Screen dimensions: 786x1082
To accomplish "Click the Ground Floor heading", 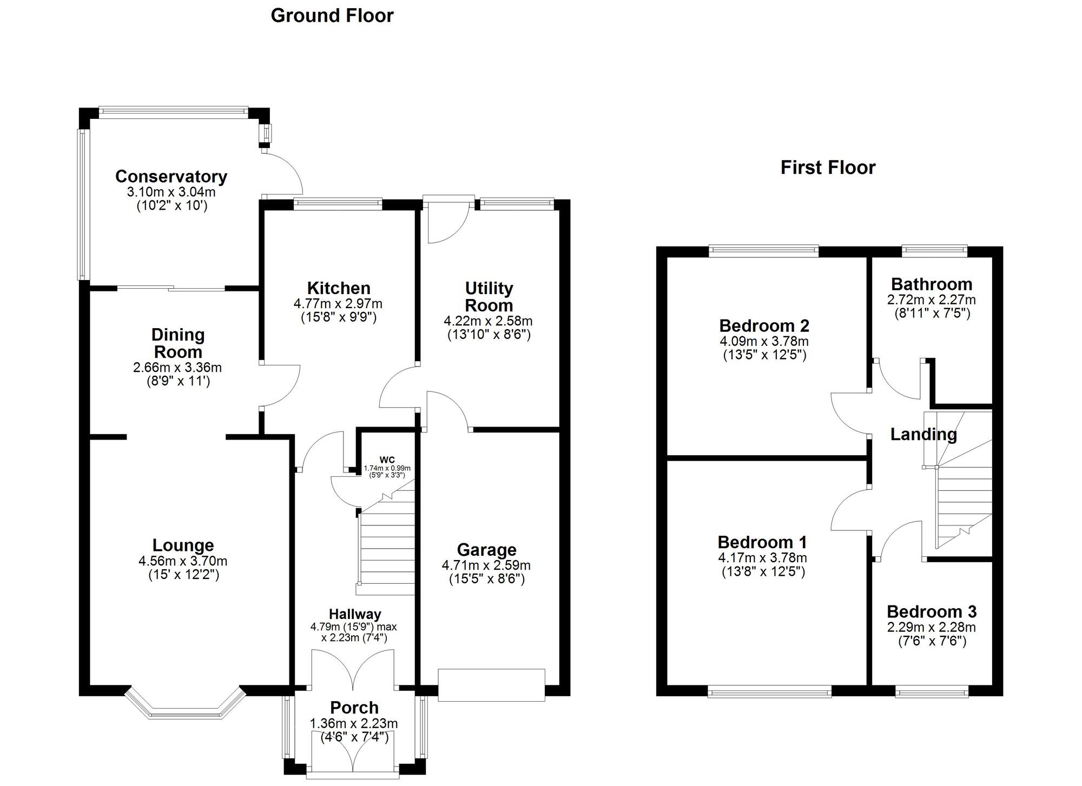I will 332,16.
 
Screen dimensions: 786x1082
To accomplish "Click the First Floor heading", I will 827,168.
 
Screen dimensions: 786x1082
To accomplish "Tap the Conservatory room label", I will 171,177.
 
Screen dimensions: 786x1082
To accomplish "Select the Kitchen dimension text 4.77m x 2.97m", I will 338,303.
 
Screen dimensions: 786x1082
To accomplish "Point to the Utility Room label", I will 489,296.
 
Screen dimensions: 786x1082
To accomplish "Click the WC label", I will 387,460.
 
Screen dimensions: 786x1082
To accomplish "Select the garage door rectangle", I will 491,685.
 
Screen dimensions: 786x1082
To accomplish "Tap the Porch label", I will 354,707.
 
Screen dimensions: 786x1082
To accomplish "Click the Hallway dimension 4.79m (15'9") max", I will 354,627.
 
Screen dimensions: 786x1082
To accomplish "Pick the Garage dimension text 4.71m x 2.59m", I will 486,565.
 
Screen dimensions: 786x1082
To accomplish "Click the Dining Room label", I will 178,343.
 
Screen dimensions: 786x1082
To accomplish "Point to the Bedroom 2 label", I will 764,325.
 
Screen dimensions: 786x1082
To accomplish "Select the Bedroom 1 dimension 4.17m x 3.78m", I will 762,557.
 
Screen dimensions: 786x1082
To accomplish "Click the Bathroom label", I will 931,284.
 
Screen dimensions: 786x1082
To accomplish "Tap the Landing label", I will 923,434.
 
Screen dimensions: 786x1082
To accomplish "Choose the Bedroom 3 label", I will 931,611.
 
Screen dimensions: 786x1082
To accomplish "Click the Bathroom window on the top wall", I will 934,250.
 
